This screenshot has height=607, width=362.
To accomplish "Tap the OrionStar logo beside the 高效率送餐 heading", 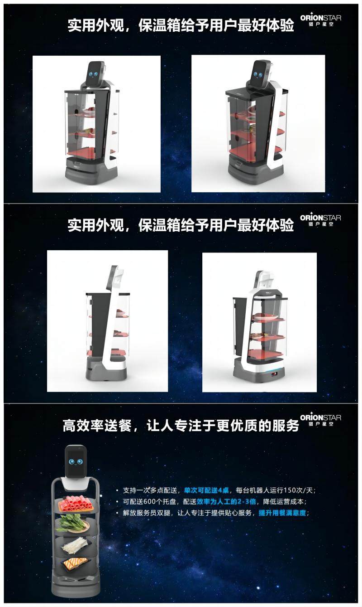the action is (x=321, y=420).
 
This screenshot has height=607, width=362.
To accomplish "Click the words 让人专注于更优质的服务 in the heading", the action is (x=223, y=426).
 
